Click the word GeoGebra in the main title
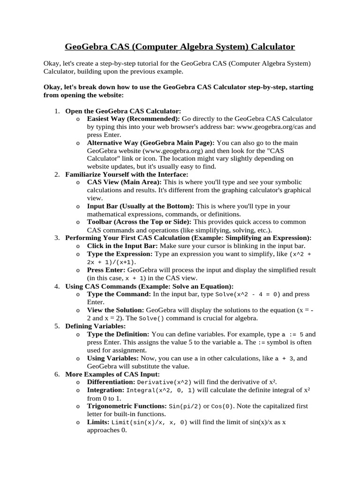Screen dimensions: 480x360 (x=86, y=47)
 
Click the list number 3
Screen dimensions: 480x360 (x=57, y=238)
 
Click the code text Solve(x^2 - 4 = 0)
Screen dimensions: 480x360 (x=247, y=294)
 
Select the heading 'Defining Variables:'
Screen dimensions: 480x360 (x=95, y=326)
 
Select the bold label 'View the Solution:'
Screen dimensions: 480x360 (x=116, y=310)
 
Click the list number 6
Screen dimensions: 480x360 (x=57, y=374)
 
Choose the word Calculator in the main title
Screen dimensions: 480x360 (x=273, y=47)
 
